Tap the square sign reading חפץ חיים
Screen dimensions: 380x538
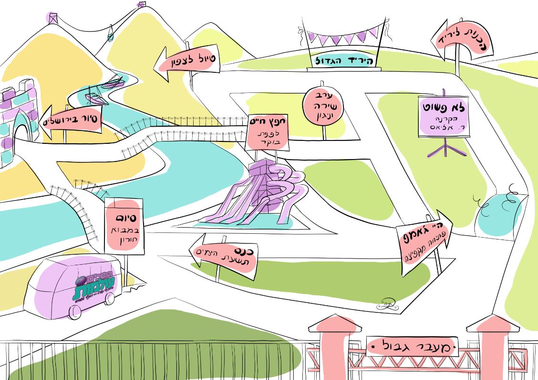tap(267, 132)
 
